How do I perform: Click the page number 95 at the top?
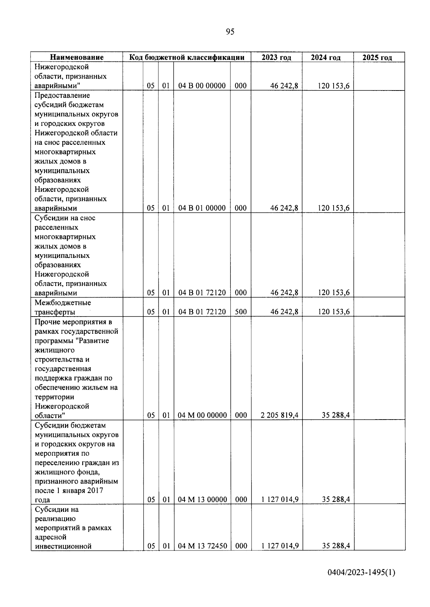230,32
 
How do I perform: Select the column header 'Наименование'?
77,57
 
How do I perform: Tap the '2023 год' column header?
276,57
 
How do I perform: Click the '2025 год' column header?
377,57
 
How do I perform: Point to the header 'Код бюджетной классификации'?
187,57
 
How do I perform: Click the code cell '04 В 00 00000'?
202,86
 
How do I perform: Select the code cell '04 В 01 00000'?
202,208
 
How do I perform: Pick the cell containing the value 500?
241,312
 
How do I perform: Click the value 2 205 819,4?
279,415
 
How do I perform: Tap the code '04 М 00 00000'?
202,415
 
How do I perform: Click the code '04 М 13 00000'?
202,500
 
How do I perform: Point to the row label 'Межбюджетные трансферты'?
63,307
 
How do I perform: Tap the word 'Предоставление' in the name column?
62,96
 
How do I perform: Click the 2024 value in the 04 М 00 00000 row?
336,415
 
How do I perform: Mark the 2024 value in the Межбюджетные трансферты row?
334,312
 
